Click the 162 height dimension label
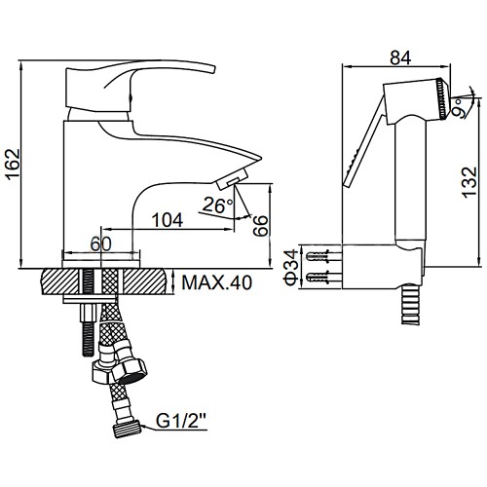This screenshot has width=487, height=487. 14,165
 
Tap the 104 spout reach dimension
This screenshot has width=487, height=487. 168,220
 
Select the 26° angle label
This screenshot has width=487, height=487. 217,205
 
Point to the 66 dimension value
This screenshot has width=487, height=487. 261,225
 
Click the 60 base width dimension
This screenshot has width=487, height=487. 100,243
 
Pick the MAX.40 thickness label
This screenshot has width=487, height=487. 217,282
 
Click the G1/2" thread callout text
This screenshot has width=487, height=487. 181,421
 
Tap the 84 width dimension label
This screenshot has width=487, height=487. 400,57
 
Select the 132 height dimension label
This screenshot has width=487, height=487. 469,182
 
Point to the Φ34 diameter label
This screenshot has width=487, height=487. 291,267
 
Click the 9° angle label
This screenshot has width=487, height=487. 459,107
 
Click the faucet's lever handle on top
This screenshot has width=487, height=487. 140,85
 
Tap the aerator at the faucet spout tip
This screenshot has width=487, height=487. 233,178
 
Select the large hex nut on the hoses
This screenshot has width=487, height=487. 130,367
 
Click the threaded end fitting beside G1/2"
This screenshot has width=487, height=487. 128,429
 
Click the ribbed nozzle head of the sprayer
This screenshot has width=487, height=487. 441,98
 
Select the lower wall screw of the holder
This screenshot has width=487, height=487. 318,278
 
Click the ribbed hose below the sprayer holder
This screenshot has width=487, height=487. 410,304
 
